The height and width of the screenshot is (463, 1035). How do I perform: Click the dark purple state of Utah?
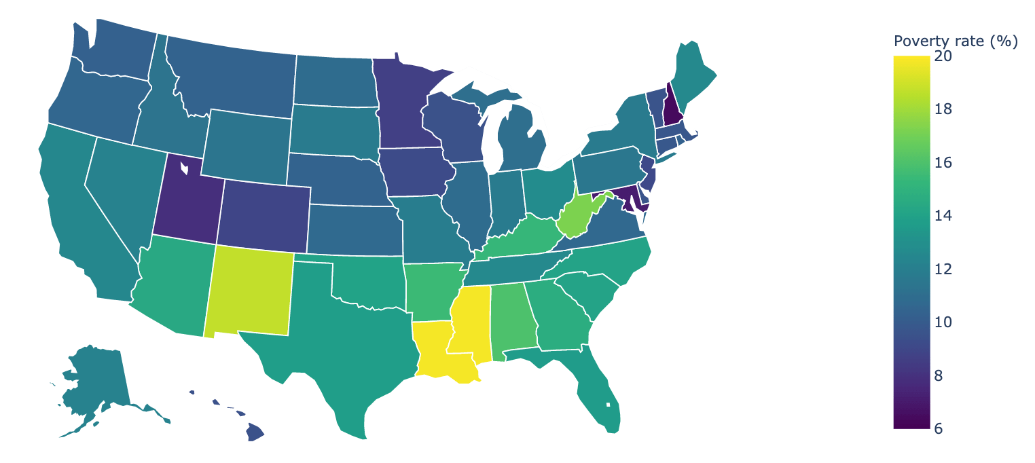click(x=185, y=200)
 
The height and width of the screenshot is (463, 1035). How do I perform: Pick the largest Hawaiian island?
click(x=254, y=432)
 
